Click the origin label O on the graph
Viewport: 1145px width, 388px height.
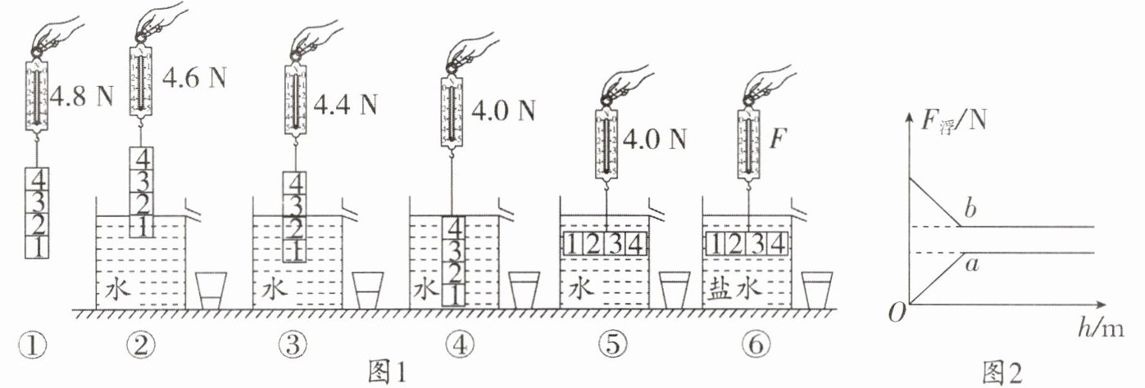896,313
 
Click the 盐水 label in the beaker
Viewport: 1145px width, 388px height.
732,291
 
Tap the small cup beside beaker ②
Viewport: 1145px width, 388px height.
211,291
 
